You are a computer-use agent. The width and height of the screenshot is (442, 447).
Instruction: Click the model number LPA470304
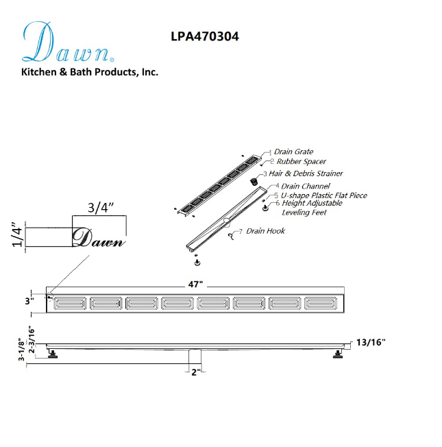click(x=205, y=36)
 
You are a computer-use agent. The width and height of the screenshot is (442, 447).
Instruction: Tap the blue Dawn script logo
click(x=68, y=42)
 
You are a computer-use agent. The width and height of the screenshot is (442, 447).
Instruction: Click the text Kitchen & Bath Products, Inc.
click(x=90, y=72)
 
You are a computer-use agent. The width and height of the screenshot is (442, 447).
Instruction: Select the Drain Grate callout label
click(x=293, y=152)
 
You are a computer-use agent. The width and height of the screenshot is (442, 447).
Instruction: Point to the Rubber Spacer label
click(x=302, y=162)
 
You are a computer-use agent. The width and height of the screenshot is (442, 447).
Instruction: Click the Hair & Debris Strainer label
click(x=306, y=173)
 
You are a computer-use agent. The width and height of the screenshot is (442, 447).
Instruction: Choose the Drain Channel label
click(x=305, y=186)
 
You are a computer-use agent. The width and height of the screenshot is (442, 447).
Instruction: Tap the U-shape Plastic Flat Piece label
click(x=324, y=195)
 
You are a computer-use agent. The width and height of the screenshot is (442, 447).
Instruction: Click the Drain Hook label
click(x=265, y=231)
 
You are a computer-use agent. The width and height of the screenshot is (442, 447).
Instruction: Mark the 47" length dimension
click(x=195, y=284)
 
